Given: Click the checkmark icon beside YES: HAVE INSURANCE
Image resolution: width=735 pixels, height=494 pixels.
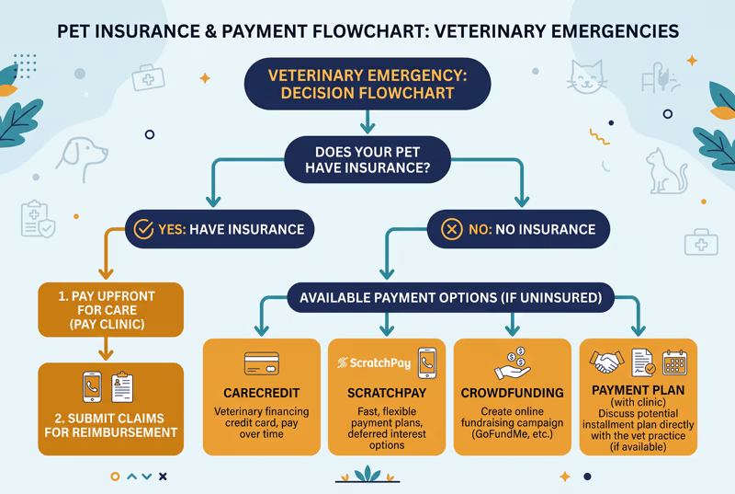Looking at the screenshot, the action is tap(143, 229).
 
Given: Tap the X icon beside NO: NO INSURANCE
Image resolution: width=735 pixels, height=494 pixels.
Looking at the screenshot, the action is tap(452, 229).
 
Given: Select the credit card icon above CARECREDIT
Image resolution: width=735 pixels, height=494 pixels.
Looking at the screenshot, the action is tap(262, 363).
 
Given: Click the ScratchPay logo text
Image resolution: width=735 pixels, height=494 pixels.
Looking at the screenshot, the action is tap(374, 362).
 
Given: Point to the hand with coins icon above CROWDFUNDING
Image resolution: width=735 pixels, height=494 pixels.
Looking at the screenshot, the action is tap(513, 363).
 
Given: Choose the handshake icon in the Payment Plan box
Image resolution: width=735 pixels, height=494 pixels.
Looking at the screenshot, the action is tap(606, 362).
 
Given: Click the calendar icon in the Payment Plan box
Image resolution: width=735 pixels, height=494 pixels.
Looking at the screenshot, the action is tap(675, 362).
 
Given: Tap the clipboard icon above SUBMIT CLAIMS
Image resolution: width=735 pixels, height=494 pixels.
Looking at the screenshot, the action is tap(122, 387).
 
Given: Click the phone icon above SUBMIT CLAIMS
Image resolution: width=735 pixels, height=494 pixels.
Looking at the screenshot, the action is tap(92, 387).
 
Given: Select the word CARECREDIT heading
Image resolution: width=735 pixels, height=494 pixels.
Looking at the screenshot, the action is tap(262, 393).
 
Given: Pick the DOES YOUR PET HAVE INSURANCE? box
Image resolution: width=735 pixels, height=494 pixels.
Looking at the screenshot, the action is tap(367, 159).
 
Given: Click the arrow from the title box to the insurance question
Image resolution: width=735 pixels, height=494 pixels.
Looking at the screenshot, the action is tap(367, 122).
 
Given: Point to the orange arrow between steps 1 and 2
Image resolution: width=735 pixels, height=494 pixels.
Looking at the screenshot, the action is tap(107, 349).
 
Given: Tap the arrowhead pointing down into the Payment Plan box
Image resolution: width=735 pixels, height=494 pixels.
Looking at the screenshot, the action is tap(639, 330).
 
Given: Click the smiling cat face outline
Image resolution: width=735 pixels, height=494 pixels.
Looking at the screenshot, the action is tap(586, 77).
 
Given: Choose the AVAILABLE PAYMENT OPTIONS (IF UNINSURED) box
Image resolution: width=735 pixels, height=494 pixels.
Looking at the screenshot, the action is tap(450, 297).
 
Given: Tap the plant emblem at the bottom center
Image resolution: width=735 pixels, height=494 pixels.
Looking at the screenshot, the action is tap(367, 475).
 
